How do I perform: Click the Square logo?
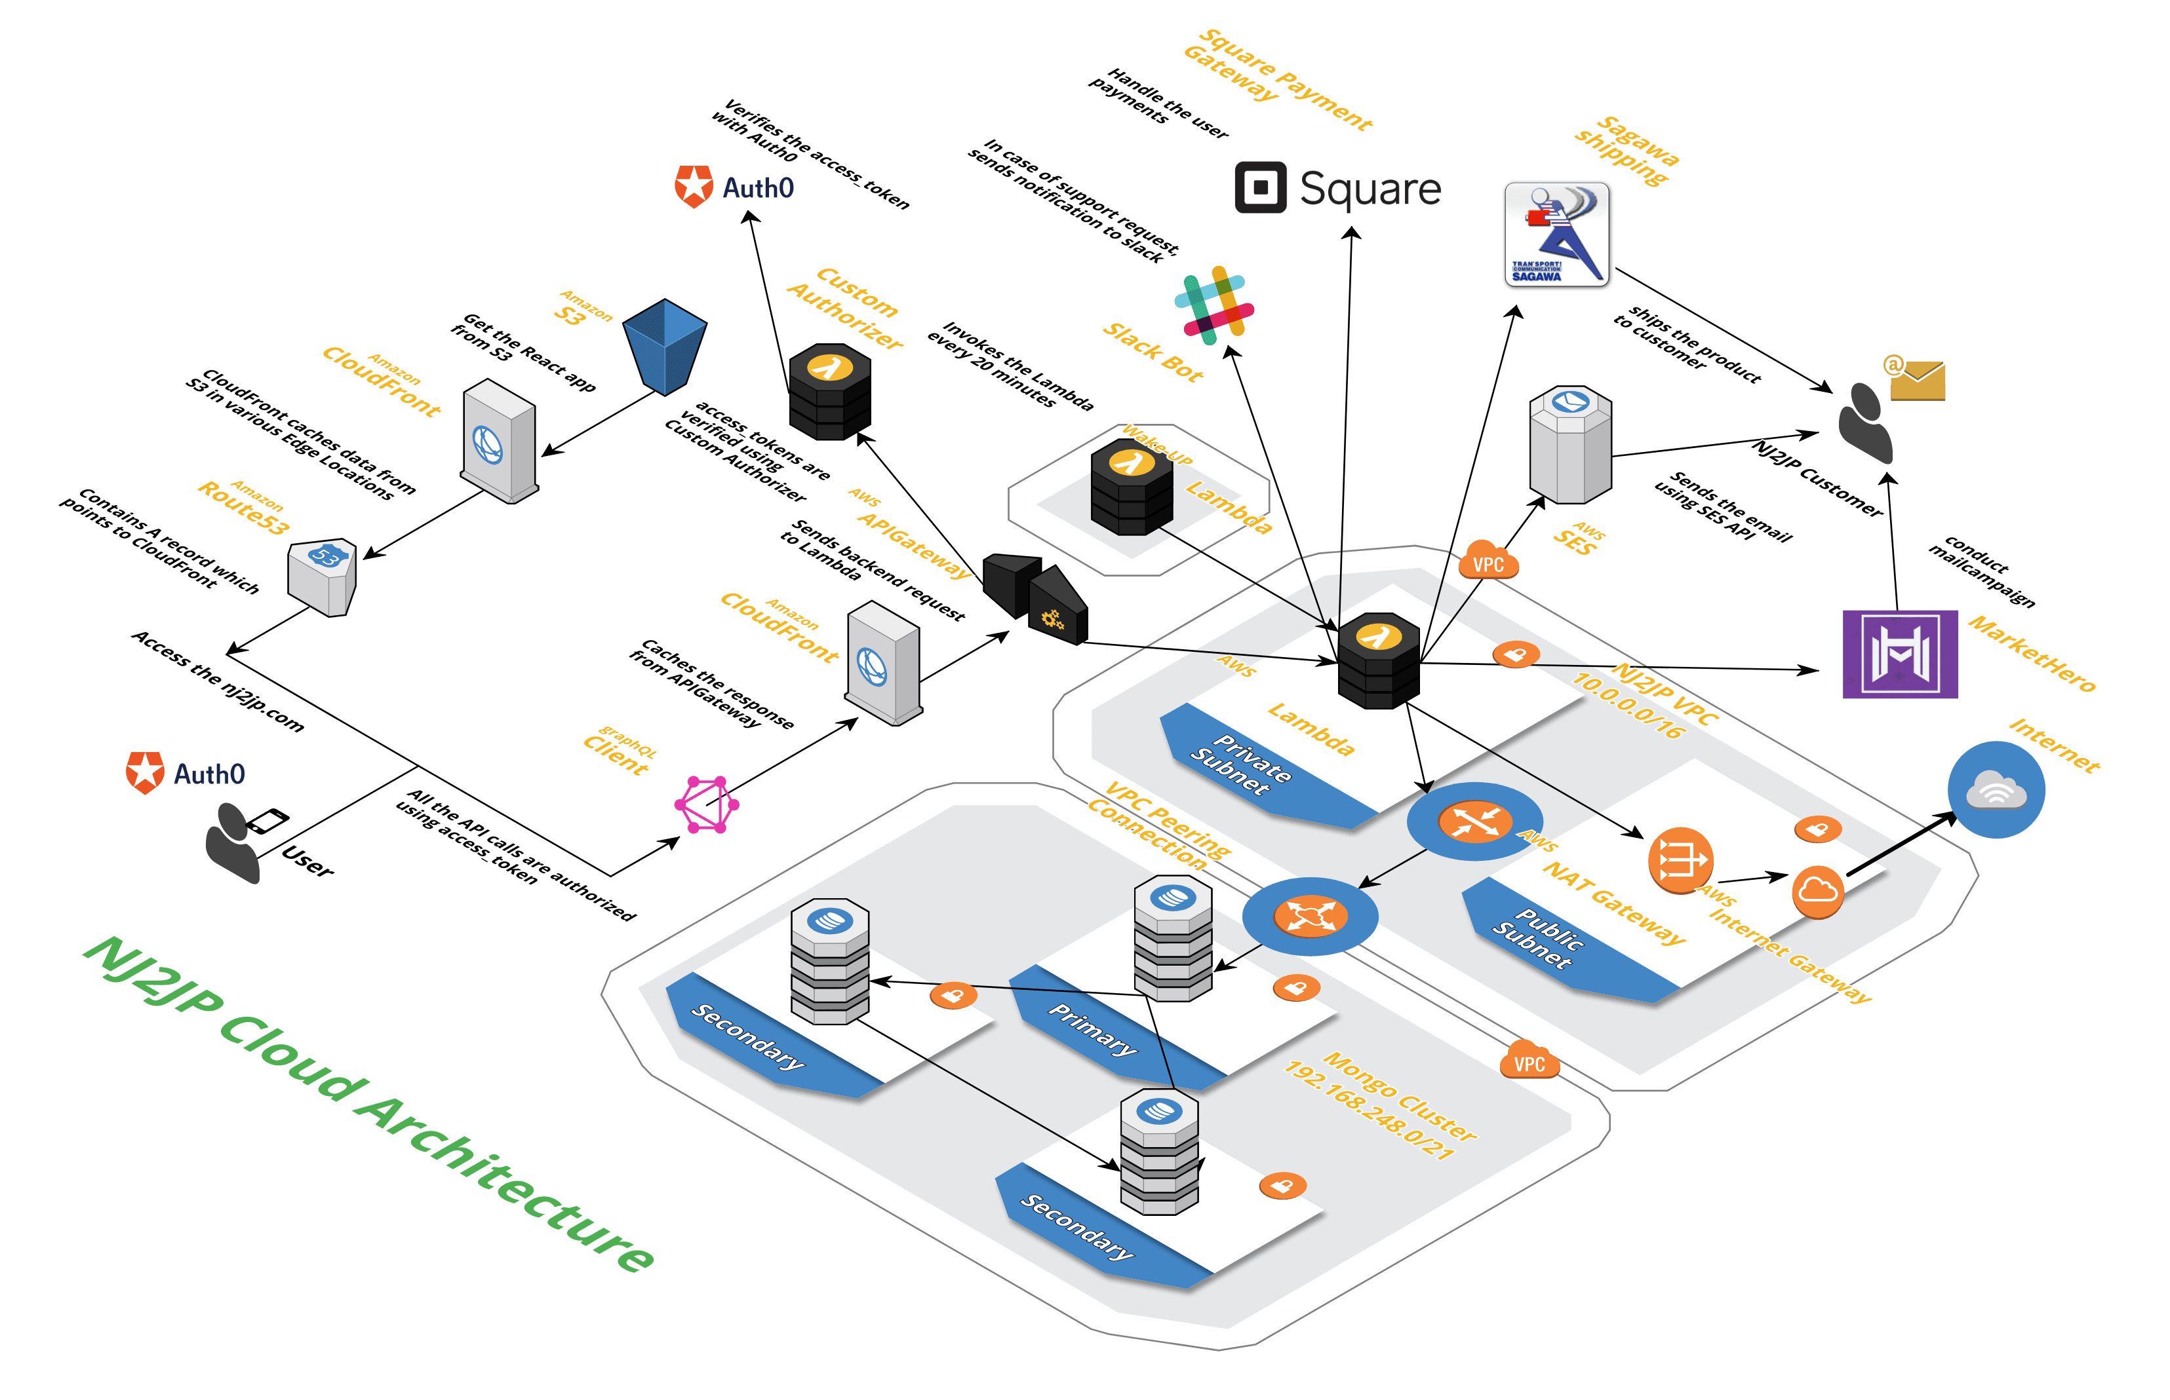[x=1337, y=188]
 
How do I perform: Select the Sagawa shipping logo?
[x=1556, y=235]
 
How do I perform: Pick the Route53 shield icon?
[x=322, y=577]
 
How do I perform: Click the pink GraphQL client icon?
[x=707, y=804]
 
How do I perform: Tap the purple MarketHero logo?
[x=1899, y=654]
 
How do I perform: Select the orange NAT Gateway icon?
[x=1680, y=859]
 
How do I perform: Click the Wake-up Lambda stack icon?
[x=1132, y=486]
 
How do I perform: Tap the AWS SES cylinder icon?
[x=1569, y=445]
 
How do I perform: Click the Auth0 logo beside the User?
[x=186, y=773]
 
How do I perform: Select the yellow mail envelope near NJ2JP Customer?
[x=1916, y=379]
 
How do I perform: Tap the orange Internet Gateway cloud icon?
[x=1817, y=891]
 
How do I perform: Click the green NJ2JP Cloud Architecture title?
[x=368, y=1104]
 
